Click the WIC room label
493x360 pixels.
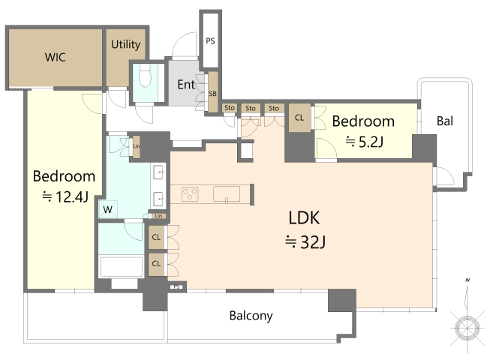56,57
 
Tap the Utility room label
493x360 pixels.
126,44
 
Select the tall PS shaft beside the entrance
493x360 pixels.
210,40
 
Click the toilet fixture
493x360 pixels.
146,76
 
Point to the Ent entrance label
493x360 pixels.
186,84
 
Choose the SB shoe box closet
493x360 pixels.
213,92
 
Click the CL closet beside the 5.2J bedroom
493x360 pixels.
299,118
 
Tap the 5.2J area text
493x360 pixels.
365,142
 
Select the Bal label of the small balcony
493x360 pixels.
445,121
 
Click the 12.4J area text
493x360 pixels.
65,197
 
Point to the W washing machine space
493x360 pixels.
108,209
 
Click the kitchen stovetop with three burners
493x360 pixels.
190,194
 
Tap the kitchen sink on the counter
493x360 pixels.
227,194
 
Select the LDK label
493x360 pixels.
304,217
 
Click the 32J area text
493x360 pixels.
305,241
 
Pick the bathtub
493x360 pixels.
121,267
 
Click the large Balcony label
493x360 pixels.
251,316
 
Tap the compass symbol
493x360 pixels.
467,327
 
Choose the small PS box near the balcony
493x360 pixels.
176,286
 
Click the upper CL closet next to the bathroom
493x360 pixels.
156,237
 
